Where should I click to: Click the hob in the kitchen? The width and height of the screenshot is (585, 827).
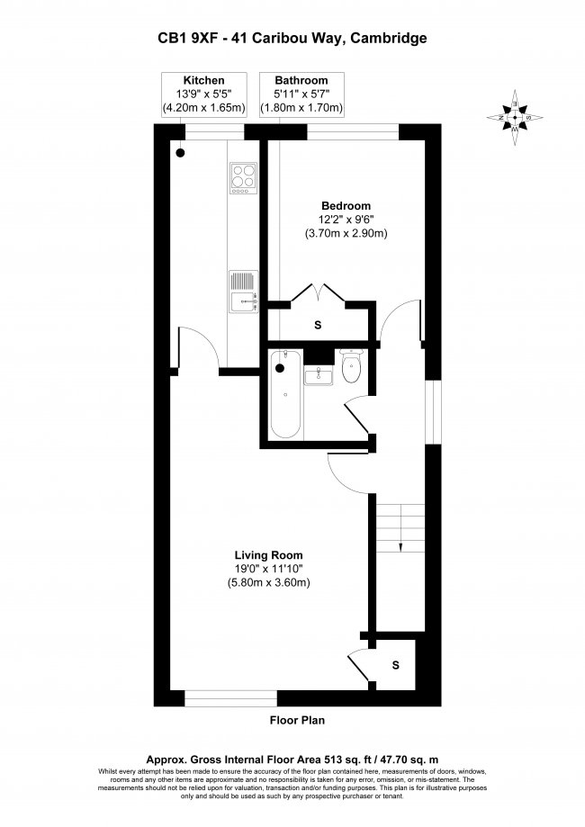243,178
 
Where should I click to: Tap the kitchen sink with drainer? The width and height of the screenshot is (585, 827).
243,292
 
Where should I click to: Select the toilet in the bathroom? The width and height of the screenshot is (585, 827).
351,365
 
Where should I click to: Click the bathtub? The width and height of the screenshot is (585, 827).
286,395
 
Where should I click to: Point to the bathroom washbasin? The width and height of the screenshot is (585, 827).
319,376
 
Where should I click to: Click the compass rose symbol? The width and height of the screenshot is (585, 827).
515,118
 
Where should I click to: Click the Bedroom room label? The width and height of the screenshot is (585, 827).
346,206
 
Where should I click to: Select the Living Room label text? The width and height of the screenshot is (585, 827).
268,555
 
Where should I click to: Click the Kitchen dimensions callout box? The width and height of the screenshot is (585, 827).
204,94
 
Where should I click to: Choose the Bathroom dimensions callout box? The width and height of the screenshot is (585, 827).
301,94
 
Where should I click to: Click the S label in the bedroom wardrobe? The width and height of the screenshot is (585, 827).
318,326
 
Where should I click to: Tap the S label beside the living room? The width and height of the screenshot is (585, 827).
396,666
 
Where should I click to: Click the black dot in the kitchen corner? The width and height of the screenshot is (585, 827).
180,153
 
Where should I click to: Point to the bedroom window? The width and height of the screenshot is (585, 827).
353,132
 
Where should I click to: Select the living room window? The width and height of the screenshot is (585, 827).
230,698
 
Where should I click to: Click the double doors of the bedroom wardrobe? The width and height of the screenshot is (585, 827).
318,292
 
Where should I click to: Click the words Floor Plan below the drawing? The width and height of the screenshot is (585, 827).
298,720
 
